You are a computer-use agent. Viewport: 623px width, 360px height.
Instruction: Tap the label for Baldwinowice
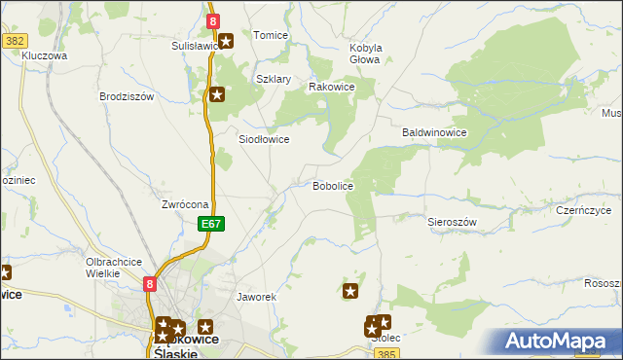(x=435, y=132)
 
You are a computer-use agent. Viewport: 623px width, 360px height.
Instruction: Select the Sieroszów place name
(x=452, y=222)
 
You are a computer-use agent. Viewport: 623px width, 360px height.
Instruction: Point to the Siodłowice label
(x=265, y=139)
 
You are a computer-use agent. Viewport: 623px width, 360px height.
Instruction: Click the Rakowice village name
(x=331, y=87)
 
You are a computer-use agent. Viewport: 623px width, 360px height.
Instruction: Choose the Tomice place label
(x=271, y=35)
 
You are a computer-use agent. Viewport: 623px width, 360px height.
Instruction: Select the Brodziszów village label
(x=128, y=96)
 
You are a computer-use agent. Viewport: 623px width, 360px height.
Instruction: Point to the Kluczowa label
(x=44, y=56)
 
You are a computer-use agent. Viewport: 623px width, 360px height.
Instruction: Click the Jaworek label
(x=258, y=296)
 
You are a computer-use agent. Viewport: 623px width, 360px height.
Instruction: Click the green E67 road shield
(x=213, y=224)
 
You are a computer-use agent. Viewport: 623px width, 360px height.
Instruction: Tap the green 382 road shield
(x=15, y=41)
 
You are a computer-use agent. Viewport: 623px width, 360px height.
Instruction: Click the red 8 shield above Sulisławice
(x=213, y=19)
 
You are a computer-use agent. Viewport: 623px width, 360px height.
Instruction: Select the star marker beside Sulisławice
(x=226, y=41)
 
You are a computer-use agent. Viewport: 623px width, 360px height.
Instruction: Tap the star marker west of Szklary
(x=217, y=94)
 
